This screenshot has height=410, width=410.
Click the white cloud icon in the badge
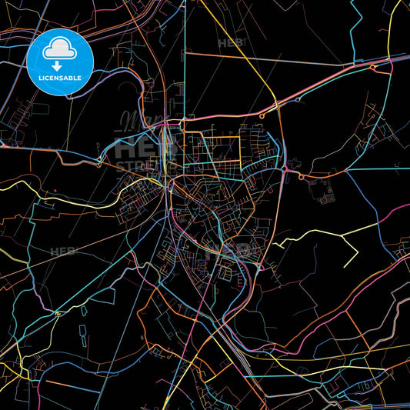[x=60, y=48]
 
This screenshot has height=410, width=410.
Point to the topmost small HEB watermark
[x=230, y=43]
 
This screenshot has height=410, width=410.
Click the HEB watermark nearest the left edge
[x=62, y=252]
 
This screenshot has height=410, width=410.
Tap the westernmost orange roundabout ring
[x=262, y=115]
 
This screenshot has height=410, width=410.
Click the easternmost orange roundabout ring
[x=374, y=67]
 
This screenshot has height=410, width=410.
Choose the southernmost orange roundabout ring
[x=302, y=176]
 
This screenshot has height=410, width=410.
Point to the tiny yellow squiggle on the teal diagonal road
[x=58, y=313]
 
